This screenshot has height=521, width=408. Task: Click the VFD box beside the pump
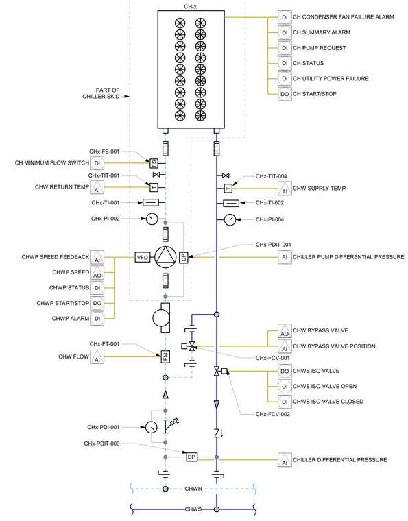pos(143,258)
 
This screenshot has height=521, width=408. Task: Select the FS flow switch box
pos(154,163)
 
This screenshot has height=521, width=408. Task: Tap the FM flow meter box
pos(165,356)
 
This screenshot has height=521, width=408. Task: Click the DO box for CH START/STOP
pos(285,94)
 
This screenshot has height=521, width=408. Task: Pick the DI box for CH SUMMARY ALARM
pos(285,33)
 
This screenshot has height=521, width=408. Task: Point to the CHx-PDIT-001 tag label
pos(273,245)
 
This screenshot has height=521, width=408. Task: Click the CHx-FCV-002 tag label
pos(272,414)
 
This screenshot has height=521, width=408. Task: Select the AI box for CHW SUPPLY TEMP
pos(285,189)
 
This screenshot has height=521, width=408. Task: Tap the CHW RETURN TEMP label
pos(62,187)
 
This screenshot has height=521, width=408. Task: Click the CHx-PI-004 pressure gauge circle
pos(230,219)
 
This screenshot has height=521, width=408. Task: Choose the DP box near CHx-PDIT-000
pos(192,457)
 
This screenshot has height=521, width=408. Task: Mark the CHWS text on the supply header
pos(193,509)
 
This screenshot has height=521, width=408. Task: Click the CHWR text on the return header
pos(193,489)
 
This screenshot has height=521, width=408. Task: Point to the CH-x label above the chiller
pos(191,7)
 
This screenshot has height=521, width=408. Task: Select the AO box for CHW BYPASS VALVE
pos(285,330)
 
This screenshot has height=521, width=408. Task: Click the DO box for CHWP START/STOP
pos(97,304)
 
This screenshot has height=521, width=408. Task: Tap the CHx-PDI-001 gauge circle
pos(152,427)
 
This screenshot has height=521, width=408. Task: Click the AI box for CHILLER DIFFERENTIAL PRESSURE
pos(285,460)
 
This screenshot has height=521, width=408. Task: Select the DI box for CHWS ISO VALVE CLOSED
pos(285,402)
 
